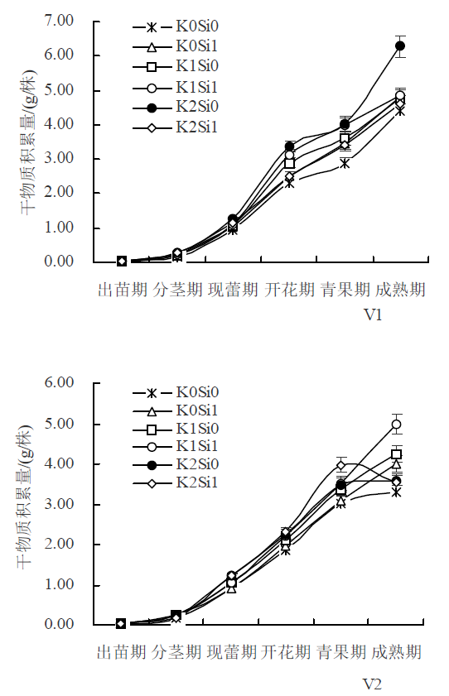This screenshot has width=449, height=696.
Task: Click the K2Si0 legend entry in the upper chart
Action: tap(176, 107)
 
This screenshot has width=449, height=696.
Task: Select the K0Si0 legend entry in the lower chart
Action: tap(176, 392)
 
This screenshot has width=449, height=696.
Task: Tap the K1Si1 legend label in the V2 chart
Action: tap(196, 445)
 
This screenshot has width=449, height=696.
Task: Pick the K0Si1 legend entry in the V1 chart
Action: tap(176, 46)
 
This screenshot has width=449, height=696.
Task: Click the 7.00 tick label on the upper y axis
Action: tap(59, 21)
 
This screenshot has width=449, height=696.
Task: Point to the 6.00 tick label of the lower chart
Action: tap(59, 382)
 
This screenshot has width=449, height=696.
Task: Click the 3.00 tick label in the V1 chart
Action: tap(59, 158)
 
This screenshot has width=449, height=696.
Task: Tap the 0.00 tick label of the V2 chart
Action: tap(59, 624)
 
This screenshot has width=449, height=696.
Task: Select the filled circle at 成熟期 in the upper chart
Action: tap(400, 46)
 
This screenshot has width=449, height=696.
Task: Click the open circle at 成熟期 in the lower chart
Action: tap(397, 425)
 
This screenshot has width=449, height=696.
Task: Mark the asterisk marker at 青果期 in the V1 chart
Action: tap(345, 164)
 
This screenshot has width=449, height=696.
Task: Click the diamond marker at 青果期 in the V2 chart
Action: tap(341, 466)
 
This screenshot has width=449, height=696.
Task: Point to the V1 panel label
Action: tap(373, 314)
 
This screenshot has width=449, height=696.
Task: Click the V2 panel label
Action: tap(372, 684)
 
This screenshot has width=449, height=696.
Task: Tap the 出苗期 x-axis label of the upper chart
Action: tap(122, 290)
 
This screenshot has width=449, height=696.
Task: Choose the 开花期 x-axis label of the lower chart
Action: tap(286, 652)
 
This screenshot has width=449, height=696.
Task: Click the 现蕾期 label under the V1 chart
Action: tap(233, 290)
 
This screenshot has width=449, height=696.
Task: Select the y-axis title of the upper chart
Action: tap(28, 142)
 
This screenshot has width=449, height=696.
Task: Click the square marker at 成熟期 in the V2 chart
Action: tap(396, 454)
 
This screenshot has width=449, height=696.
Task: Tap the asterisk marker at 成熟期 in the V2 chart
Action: tap(397, 492)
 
